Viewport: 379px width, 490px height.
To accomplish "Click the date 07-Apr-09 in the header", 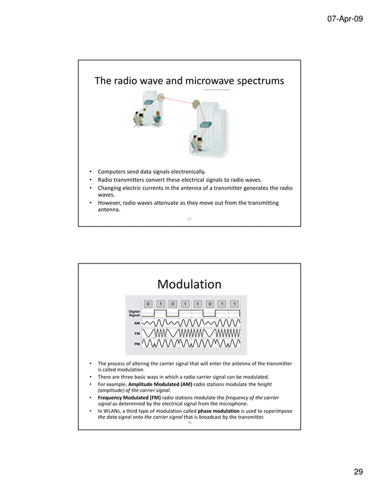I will pyautogui.click(x=345, y=20).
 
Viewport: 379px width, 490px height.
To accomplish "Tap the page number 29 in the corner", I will pyautogui.click(x=358, y=472).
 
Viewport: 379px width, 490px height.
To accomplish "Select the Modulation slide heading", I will pyautogui.click(x=190, y=284).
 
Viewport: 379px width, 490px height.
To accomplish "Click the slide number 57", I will pyautogui.click(x=190, y=219).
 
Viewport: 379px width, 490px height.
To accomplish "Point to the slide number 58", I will pyautogui.click(x=190, y=423).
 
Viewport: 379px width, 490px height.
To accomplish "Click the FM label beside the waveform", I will pyautogui.click(x=137, y=334).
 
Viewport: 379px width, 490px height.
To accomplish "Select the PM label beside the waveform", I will pyautogui.click(x=137, y=344).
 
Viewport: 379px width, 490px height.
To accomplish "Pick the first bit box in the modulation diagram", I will pyautogui.click(x=148, y=304).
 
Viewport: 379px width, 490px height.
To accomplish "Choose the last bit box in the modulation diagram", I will pyautogui.click(x=235, y=304).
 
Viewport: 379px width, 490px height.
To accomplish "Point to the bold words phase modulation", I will pyautogui.click(x=218, y=411).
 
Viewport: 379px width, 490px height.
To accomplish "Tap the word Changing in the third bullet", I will pyautogui.click(x=111, y=188).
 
